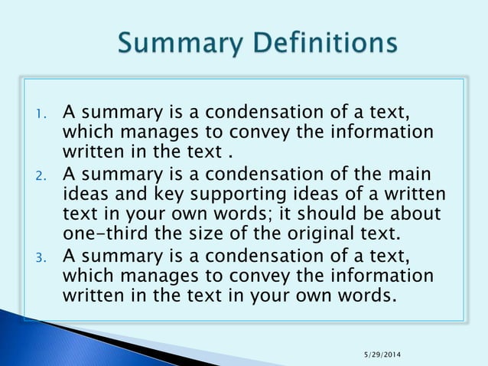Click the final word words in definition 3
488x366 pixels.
368,294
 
